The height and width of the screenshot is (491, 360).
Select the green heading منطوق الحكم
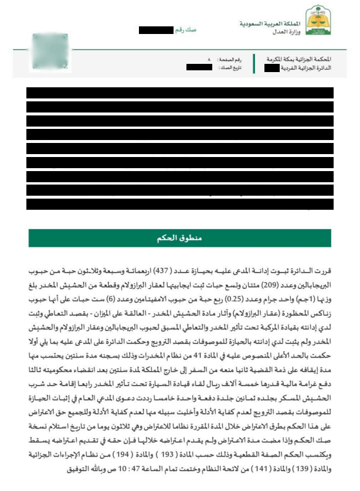[x=180, y=238]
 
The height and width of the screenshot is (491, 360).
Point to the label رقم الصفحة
[x=229, y=60]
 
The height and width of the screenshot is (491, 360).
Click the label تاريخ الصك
[x=229, y=68]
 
